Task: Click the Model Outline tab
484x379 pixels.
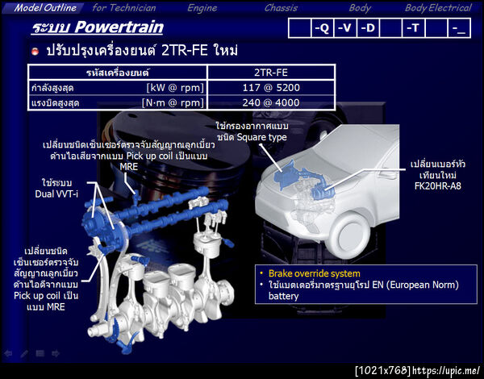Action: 45,8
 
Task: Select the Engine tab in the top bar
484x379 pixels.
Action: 202,8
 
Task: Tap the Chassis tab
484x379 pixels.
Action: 281,8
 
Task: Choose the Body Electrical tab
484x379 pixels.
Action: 438,8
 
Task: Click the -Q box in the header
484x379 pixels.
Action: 322,28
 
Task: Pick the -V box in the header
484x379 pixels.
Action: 344,28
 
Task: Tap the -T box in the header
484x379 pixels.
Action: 414,28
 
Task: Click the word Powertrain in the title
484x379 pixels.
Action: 119,27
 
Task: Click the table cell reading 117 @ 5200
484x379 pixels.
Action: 271,88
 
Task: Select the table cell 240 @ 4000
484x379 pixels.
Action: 271,102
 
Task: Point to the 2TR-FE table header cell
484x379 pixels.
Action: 271,73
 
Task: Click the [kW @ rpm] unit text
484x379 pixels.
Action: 175,88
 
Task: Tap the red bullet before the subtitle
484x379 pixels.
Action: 35,52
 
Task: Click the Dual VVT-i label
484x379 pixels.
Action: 56,194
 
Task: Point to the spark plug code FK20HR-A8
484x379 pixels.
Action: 438,186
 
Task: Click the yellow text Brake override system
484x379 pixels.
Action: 315,273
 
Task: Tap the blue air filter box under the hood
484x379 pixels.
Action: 286,173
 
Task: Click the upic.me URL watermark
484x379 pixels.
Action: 446,370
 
